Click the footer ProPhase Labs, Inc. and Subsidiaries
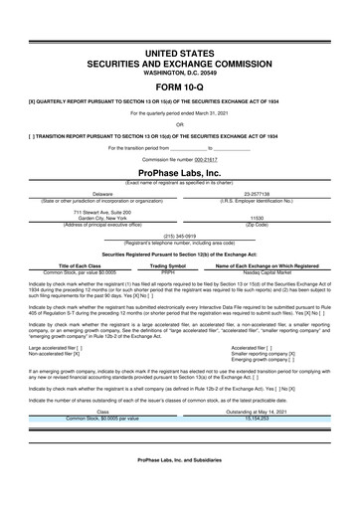(x=179, y=488)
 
